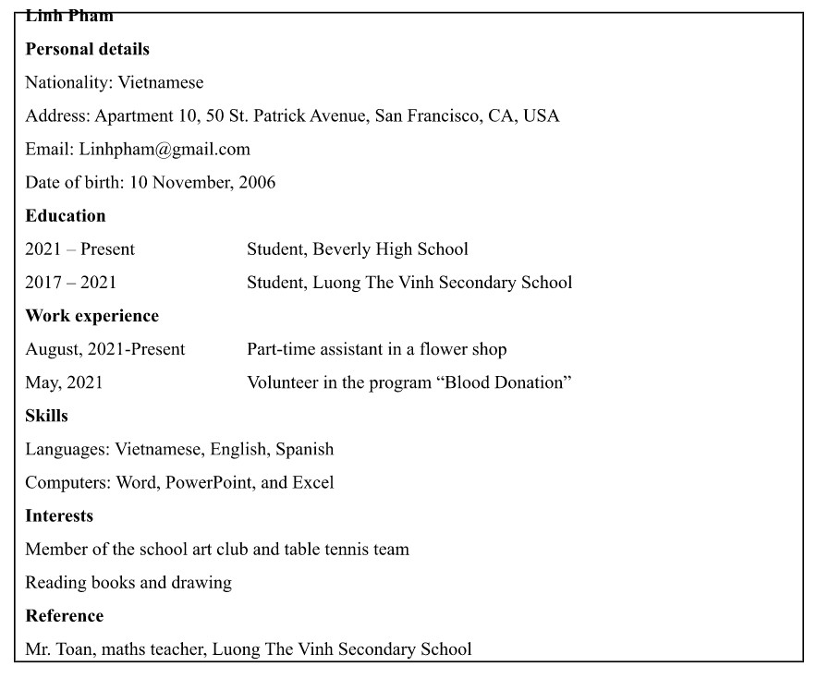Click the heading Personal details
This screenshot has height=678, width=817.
[87, 49]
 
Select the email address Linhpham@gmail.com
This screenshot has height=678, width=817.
[165, 149]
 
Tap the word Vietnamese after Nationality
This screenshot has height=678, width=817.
[161, 82]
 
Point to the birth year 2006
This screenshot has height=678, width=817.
[257, 182]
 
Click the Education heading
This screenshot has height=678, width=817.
[66, 215]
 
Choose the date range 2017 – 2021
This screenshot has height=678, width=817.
[71, 283]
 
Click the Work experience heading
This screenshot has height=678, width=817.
[91, 316]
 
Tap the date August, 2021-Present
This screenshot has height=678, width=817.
[105, 349]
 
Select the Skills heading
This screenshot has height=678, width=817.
[46, 416]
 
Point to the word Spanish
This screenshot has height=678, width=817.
[303, 450]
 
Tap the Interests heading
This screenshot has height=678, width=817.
[59, 515]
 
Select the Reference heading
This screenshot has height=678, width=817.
[64, 616]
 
